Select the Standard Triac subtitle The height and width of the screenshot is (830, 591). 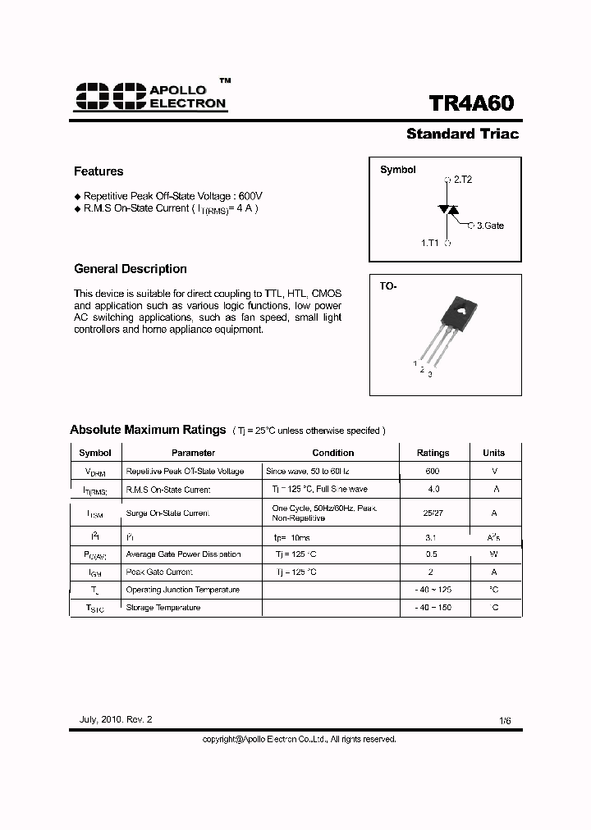462,134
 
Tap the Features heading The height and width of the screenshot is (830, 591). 98,171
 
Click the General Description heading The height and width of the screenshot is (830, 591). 131,269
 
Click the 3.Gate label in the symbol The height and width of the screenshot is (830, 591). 490,225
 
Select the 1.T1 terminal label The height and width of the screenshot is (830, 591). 429,243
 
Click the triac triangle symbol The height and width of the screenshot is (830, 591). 448,210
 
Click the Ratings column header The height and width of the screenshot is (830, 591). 433,453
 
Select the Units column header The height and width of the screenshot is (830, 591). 493,453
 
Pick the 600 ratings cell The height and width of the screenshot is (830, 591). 433,472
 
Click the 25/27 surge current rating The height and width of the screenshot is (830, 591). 433,513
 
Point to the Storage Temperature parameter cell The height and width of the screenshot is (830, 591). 163,608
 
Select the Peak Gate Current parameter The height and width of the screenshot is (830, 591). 160,572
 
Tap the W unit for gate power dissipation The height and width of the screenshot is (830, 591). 494,554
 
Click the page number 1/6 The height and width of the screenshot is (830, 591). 505,720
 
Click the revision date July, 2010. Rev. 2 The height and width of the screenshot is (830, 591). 116,719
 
